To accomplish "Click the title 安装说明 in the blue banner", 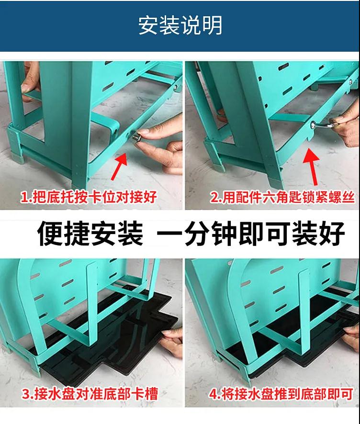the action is tap(180, 25).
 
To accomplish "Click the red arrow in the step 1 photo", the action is tap(120, 166).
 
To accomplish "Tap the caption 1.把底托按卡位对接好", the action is tap(89, 197).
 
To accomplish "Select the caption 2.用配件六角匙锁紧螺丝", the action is tap(282, 197).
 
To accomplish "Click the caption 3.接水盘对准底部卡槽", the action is tap(90, 394).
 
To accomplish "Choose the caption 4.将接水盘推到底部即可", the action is tap(281, 394).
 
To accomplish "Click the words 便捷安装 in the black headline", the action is tap(90, 234).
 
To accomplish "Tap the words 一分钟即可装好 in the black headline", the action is tap(251, 234).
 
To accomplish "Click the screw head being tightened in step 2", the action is tap(313, 125).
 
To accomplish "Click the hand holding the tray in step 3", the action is tap(171, 342).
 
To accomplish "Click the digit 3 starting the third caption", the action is tap(26, 394).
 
